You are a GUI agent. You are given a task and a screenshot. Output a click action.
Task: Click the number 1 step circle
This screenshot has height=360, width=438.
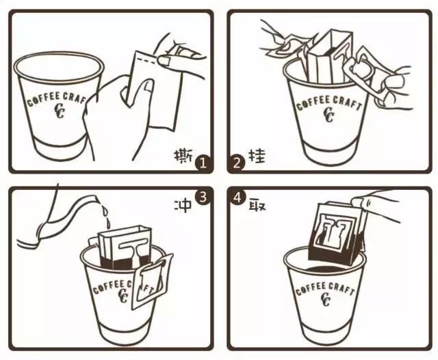(x=203, y=163)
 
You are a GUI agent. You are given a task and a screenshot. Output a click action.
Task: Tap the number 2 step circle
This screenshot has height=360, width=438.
(x=237, y=163)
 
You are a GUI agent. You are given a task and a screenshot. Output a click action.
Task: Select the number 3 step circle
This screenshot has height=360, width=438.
(x=203, y=197)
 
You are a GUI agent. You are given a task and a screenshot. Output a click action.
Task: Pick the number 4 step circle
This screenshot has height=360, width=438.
(x=237, y=197)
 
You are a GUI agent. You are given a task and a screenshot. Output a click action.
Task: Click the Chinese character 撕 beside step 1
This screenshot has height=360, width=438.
(x=183, y=156)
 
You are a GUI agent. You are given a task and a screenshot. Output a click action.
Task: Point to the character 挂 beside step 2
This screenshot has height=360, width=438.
(x=257, y=156)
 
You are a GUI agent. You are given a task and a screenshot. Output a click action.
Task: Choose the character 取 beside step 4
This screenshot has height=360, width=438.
(x=257, y=205)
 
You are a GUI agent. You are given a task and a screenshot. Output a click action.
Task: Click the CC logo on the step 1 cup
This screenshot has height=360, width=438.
(x=59, y=111)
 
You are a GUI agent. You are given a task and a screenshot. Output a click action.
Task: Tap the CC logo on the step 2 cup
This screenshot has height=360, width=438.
(x=329, y=114)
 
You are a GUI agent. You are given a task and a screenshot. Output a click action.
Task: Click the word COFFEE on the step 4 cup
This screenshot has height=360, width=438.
(x=310, y=288)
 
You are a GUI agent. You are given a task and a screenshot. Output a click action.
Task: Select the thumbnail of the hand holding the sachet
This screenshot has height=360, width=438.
(x=148, y=87)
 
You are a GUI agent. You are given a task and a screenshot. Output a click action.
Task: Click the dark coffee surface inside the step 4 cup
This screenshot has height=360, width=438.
(x=324, y=270)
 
